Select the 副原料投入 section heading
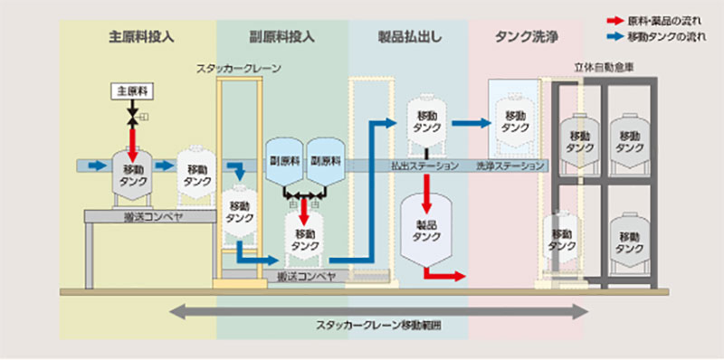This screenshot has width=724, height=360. [x=281, y=38]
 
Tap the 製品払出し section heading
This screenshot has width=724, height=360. [x=407, y=38]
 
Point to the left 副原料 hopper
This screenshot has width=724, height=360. [x=283, y=161]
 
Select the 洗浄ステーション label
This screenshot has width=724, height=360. [x=510, y=167]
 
